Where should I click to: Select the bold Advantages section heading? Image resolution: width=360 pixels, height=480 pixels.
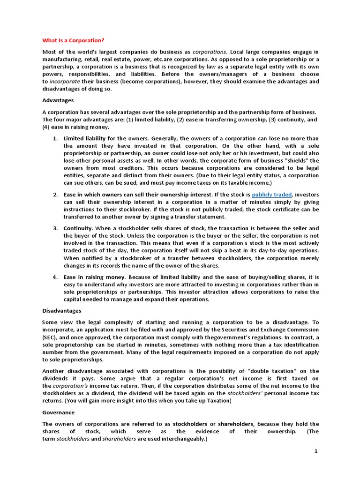tap(58, 100)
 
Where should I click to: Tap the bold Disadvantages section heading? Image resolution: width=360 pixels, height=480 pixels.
tap(62, 311)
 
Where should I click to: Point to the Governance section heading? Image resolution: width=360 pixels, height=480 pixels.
tap(58, 412)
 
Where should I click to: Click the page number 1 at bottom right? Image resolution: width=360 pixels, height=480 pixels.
tap(316, 451)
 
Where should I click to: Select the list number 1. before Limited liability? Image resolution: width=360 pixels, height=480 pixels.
tap(54, 138)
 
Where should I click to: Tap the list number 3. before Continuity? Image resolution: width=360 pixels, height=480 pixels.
tap(54, 228)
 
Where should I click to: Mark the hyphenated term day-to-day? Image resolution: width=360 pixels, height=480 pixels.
tap(273, 250)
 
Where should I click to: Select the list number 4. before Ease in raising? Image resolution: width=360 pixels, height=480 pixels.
tap(54, 277)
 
